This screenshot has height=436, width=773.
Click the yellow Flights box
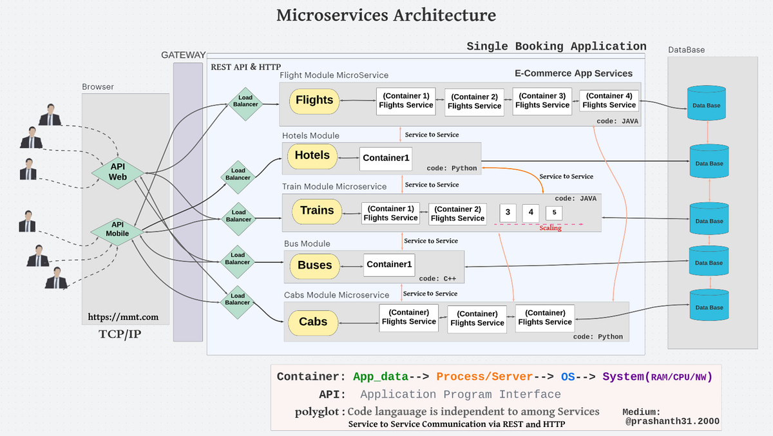314,101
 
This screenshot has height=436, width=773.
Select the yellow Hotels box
312,156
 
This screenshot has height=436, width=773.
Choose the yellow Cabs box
312,322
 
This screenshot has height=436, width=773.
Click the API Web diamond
117,171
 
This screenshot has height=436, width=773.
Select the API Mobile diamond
117,229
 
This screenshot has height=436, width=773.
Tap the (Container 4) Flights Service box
609,100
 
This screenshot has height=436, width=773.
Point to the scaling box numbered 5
554,213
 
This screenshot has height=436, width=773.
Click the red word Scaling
550,228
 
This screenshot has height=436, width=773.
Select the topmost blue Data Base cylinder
707,104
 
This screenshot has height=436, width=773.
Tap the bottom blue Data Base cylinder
711,306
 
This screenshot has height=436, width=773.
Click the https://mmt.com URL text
123,318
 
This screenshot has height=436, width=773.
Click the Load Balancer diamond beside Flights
245,102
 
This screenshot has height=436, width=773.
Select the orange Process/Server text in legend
484,377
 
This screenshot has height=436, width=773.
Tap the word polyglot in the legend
318,412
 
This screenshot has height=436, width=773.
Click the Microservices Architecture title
386,15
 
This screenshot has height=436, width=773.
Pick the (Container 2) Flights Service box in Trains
457,214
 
